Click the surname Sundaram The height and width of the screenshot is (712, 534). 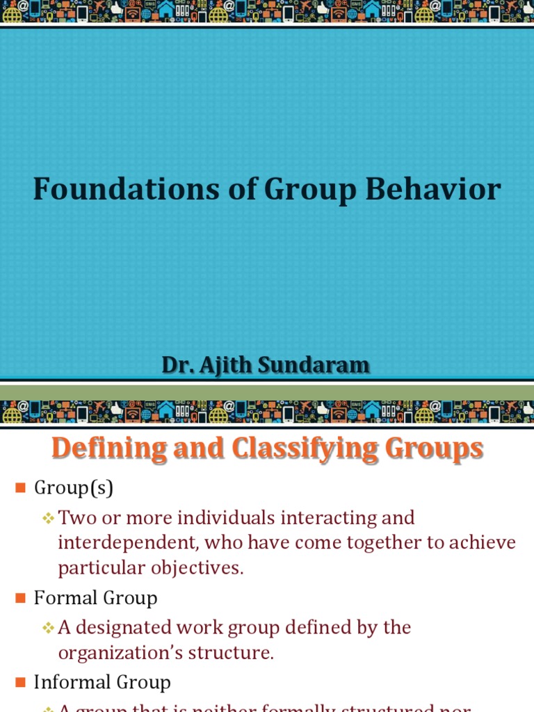coord(316,364)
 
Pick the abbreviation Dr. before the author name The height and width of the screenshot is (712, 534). coord(175,364)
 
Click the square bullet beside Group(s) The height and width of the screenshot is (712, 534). coord(20,488)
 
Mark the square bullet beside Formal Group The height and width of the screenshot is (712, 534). coord(20,598)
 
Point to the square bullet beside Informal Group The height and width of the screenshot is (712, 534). coord(20,683)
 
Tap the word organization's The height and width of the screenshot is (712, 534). coord(118,653)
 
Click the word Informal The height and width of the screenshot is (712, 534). coord(67,682)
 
